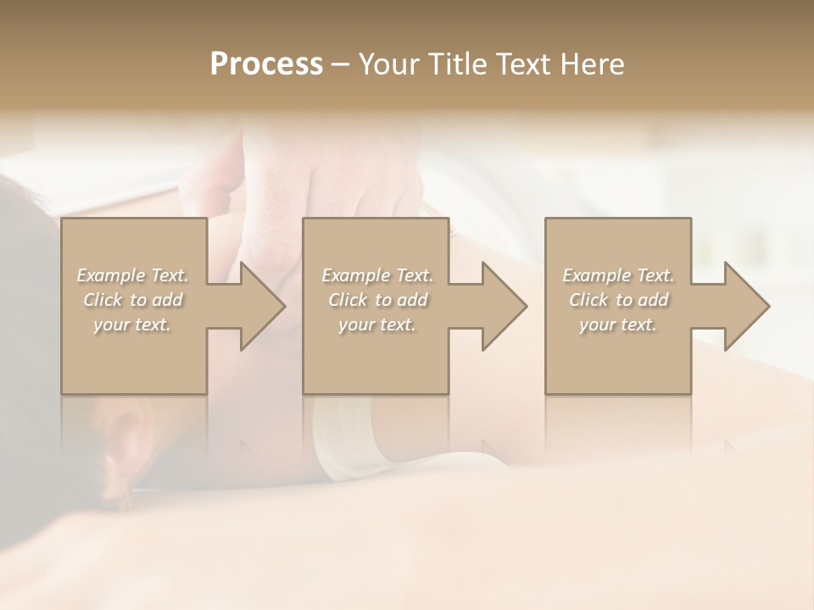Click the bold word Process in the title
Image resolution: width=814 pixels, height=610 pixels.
266,64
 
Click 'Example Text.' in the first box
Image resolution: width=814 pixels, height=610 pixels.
133,275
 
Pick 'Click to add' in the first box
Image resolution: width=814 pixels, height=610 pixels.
133,300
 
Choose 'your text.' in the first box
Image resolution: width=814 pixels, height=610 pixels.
133,324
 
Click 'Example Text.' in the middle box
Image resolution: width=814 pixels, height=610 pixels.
377,275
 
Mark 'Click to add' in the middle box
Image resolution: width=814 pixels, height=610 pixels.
377,300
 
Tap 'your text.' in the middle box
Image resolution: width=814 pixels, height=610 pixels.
377,324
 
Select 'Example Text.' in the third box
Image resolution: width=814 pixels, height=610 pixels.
618,275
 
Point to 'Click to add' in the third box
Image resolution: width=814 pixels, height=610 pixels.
618,300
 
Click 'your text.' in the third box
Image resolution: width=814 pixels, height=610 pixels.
618,324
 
